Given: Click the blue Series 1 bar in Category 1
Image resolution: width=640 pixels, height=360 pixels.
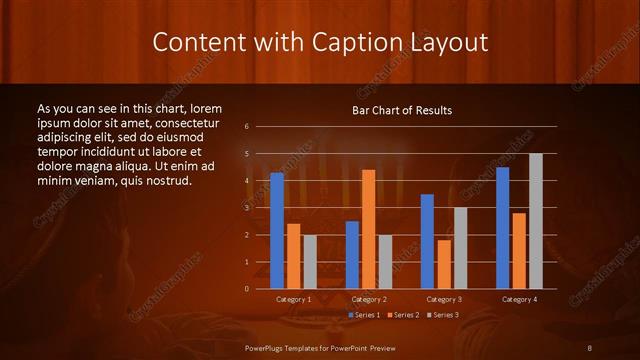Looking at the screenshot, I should tap(277, 231).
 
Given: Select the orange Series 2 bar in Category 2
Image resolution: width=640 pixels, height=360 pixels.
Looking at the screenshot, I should tap(368, 229).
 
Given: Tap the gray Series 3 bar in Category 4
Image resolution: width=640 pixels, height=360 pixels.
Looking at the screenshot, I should tap(535, 221).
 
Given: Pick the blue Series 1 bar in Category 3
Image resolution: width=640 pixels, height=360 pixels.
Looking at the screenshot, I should tap(427, 241).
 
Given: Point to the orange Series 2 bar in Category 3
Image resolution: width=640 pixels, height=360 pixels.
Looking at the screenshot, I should tap(444, 264).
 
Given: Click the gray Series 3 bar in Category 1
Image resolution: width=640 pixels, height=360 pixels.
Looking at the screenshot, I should tap(310, 262).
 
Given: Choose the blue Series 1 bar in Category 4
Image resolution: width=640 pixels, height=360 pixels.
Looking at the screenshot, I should tap(503, 228).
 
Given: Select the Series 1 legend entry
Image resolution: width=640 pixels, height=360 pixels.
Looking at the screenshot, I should tap(363, 315).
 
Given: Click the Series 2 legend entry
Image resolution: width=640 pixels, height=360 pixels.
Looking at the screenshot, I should tap(403, 315).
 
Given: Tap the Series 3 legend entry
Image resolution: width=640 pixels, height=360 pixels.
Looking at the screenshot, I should tap(443, 315).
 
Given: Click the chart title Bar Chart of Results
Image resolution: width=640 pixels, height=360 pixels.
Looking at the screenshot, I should tap(402, 110).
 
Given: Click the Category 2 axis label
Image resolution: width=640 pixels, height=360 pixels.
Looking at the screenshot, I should tap(368, 299).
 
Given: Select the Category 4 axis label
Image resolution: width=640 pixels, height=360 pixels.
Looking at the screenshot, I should tap(519, 299).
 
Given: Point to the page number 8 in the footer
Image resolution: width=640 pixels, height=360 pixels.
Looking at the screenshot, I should tap(591, 346).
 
